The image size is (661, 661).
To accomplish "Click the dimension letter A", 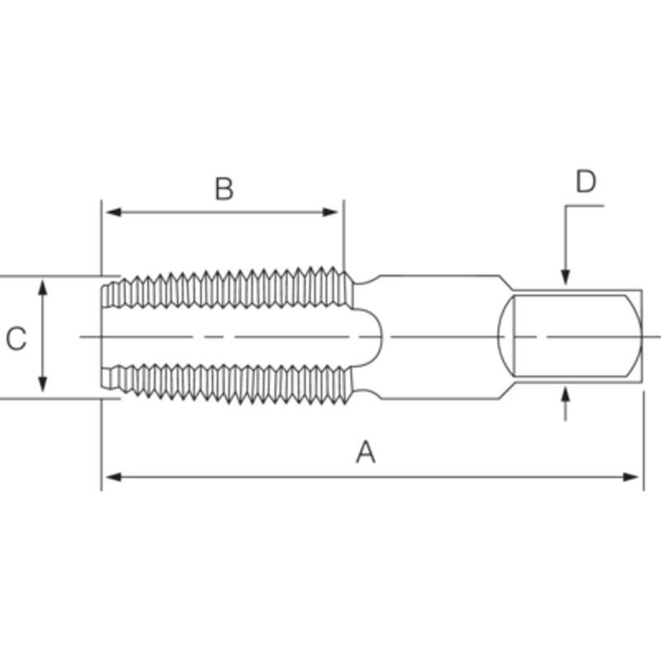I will (365, 452).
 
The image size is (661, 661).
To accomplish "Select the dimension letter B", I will (224, 189).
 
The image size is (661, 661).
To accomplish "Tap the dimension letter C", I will (17, 339).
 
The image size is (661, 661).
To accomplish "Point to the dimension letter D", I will (586, 182).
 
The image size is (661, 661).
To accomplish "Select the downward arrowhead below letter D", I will (565, 278).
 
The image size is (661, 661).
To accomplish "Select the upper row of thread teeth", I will (227, 289).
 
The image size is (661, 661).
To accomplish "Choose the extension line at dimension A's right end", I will (643, 438).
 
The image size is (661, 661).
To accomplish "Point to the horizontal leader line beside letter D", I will (584, 205).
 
